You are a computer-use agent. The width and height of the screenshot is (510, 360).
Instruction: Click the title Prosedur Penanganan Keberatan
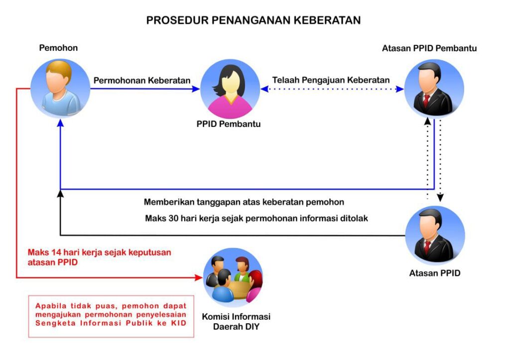click(x=254, y=20)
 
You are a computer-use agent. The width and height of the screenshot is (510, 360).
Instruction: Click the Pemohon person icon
click(x=60, y=88)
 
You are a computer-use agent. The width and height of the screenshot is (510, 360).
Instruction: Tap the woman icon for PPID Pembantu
click(x=230, y=89)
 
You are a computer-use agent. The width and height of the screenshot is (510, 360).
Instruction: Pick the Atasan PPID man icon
click(x=435, y=235)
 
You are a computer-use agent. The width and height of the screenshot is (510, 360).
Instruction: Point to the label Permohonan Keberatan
click(x=142, y=80)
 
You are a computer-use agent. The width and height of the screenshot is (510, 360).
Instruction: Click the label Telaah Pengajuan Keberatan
click(x=331, y=80)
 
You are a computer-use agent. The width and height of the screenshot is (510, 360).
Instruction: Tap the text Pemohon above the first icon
click(x=59, y=48)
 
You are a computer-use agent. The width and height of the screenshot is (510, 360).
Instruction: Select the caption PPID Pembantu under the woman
click(x=228, y=124)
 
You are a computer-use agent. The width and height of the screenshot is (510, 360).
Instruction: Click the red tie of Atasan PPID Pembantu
click(x=426, y=101)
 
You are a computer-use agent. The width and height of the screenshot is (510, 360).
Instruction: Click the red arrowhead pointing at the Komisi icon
click(x=198, y=277)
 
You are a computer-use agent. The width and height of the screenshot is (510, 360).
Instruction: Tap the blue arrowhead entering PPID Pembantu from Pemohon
click(x=196, y=89)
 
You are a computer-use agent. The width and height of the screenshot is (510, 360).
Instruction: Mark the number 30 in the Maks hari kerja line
click(x=173, y=218)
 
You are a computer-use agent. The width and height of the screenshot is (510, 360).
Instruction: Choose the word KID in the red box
click(x=179, y=323)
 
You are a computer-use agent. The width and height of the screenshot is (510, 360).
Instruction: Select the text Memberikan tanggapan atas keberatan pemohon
click(x=244, y=202)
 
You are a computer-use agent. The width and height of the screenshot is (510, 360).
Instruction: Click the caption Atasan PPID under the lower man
click(x=434, y=273)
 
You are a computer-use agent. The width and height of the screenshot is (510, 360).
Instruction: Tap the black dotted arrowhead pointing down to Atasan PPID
click(x=440, y=198)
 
